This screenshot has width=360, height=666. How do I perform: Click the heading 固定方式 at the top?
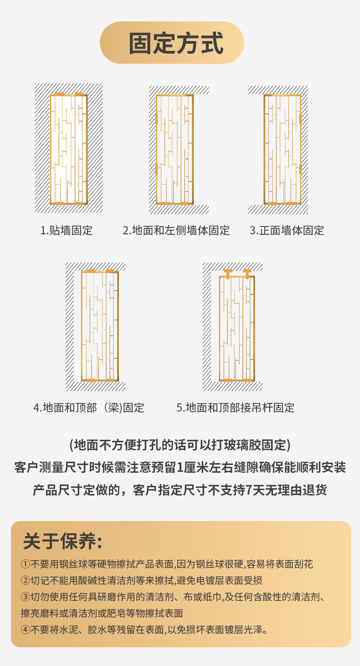[x=176, y=43]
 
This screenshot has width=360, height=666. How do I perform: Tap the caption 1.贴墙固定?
[x=67, y=230]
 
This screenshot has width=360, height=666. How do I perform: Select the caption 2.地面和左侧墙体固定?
[x=176, y=230]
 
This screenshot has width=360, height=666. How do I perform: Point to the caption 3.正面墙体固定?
[x=287, y=230]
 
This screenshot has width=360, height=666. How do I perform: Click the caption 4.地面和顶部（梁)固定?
[x=89, y=407]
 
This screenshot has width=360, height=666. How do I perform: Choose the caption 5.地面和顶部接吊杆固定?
[x=236, y=407]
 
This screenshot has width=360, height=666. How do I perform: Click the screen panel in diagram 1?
[x=68, y=149]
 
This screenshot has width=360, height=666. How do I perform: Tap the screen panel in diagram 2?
[x=175, y=149]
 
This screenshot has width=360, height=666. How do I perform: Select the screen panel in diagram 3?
[x=283, y=149]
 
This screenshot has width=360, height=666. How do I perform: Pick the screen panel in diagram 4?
[x=100, y=325]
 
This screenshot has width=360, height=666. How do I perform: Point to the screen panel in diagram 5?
[x=237, y=328]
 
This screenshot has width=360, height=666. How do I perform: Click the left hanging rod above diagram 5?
[x=228, y=274]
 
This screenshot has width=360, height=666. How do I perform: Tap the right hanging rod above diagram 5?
[x=247, y=274]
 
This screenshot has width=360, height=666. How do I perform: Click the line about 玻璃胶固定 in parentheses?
[x=180, y=444]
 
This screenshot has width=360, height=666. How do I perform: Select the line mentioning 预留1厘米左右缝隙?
[x=180, y=467]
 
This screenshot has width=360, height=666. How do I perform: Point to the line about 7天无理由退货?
[x=180, y=490]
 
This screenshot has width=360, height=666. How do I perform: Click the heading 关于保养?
[x=62, y=541]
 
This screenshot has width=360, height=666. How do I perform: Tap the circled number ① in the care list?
[x=26, y=564]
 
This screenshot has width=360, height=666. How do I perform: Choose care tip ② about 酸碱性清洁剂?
[x=141, y=581]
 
